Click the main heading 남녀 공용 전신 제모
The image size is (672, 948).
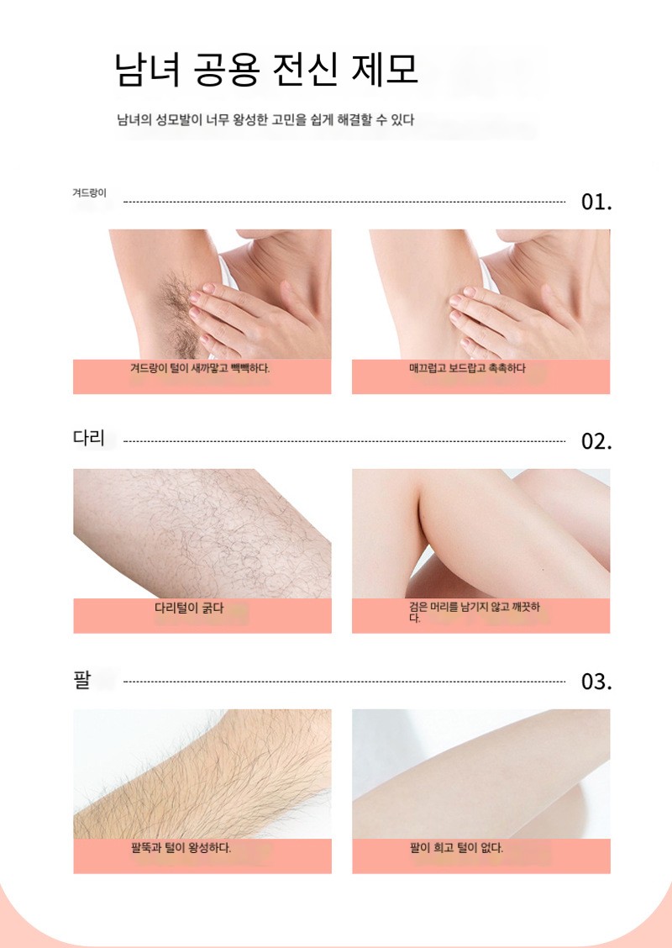click(x=266, y=70)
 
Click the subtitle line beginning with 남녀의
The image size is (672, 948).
click(x=265, y=119)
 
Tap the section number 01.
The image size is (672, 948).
click(x=596, y=202)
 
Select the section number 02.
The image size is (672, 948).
click(x=596, y=442)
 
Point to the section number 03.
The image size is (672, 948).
click(x=596, y=682)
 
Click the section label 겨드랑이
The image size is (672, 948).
click(x=89, y=193)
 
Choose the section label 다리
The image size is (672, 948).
click(x=89, y=438)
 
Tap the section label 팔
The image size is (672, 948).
click(x=81, y=679)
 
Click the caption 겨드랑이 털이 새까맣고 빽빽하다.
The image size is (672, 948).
click(x=200, y=367)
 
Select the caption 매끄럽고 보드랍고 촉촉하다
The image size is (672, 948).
click(x=467, y=367)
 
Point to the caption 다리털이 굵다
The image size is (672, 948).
click(x=189, y=608)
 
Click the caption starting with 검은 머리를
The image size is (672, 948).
click(x=475, y=612)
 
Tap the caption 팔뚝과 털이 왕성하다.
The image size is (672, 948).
click(x=181, y=848)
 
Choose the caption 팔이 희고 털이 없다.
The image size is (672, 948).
click(x=456, y=848)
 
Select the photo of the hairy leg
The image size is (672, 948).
click(x=202, y=534)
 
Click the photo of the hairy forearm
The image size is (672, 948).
click(x=202, y=774)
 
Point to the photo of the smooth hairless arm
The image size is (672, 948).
click(x=481, y=774)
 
